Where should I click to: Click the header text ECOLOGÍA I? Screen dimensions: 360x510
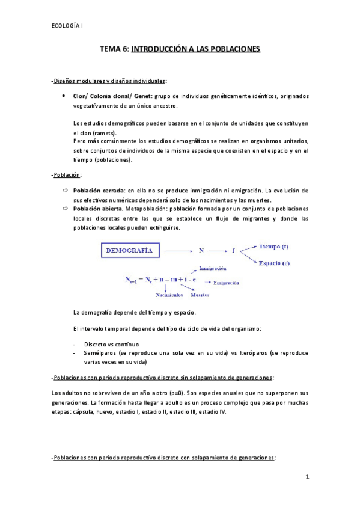click(x=67, y=25)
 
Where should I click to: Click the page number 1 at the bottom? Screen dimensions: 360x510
click(x=307, y=478)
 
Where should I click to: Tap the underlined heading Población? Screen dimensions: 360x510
click(x=67, y=175)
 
